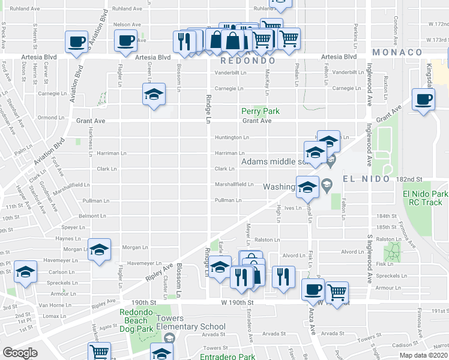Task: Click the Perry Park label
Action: click(x=260, y=111)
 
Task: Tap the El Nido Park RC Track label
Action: click(x=426, y=199)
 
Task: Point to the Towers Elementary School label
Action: click(x=190, y=327)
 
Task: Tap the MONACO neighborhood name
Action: click(x=397, y=52)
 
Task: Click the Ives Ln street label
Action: click(x=292, y=208)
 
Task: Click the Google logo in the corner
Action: click(x=20, y=353)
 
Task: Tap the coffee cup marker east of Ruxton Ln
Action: click(x=423, y=98)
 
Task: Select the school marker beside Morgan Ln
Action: click(x=99, y=249)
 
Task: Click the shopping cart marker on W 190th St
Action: click(x=337, y=292)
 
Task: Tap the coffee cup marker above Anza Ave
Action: click(x=312, y=289)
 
